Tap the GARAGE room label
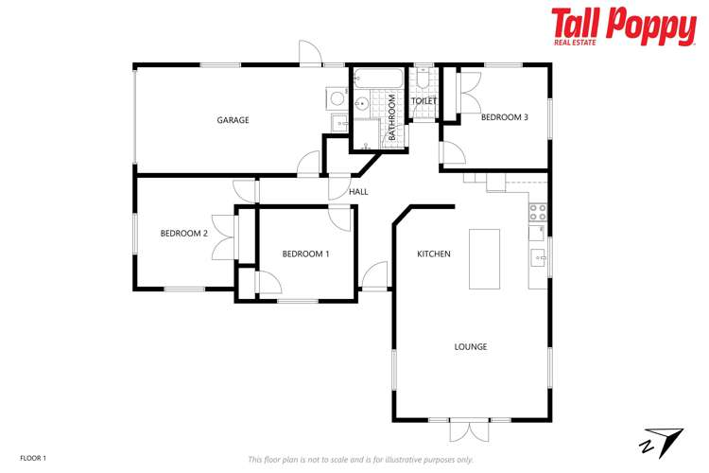(233, 120)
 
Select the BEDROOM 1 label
(305, 254)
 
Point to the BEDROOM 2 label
(183, 233)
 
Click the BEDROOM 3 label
(504, 117)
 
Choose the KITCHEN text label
(434, 254)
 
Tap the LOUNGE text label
(470, 347)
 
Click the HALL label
(358, 192)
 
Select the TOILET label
(423, 100)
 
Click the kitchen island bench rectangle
(484, 258)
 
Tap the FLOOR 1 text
(32, 458)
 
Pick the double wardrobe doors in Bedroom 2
(223, 236)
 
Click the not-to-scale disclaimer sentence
(360, 459)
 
